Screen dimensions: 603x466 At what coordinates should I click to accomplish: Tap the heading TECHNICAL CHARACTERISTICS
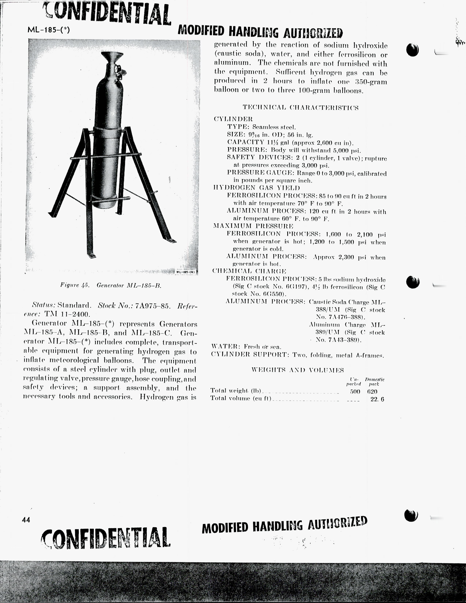pos(300,108)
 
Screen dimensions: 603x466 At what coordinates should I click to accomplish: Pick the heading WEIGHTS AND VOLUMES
pos(298,370)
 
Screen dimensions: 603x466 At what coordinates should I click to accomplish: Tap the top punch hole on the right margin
pos(412,50)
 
